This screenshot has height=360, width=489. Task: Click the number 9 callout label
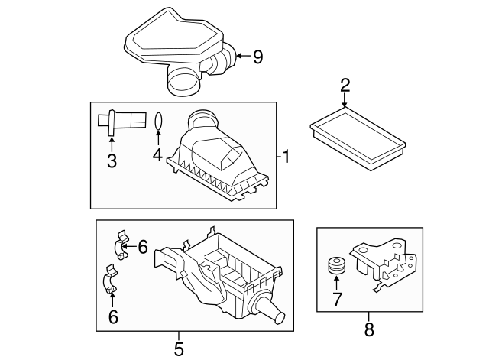point(257,55)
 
